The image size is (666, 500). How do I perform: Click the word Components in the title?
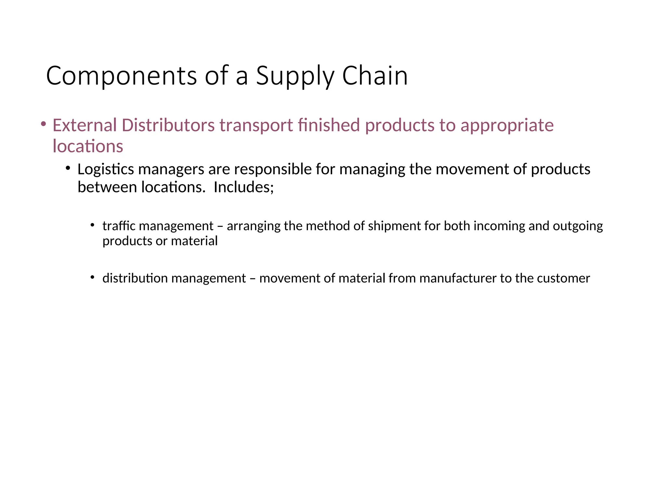tap(121, 76)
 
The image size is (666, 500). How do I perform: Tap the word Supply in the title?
tap(295, 76)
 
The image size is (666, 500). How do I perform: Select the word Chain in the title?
tap(375, 76)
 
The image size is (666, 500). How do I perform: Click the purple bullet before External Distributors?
tap(43, 124)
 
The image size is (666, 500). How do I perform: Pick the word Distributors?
tap(168, 125)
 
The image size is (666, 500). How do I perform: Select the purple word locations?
tap(88, 146)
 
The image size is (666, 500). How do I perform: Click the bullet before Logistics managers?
tap(68, 168)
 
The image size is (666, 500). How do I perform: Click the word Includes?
tap(244, 187)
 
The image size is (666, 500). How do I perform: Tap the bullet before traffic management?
tap(92, 225)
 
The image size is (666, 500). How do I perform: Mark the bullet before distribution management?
tap(92, 277)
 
